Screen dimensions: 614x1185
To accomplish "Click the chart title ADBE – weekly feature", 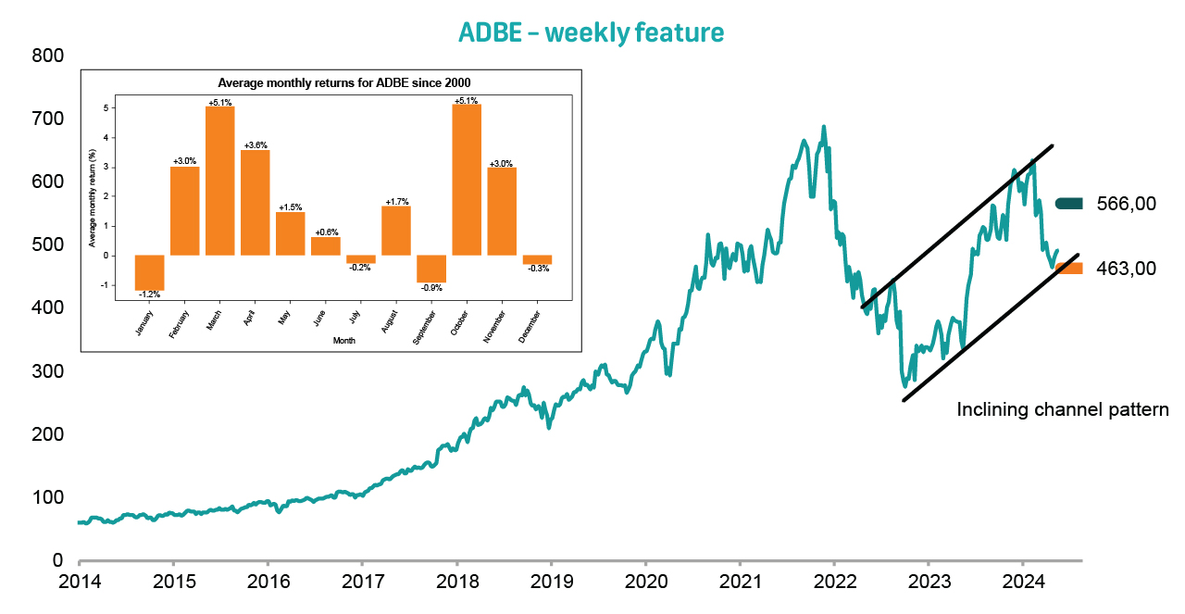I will tap(592, 32).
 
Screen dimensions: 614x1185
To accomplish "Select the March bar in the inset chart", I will tap(219, 181).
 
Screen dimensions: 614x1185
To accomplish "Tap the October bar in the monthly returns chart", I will tap(467, 180).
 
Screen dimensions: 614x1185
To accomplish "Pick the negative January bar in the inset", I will tap(149, 272).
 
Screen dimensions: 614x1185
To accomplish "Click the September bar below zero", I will tap(431, 269).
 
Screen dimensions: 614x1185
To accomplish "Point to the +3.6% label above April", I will tap(256, 145).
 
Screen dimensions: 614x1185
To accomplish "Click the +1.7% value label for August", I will tap(396, 201).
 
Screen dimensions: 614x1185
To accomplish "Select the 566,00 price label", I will tap(1126, 204).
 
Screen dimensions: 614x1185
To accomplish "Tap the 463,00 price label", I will tap(1126, 269).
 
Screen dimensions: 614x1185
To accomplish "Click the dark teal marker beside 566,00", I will tap(1069, 204).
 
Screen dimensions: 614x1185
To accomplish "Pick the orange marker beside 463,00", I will tap(1069, 269).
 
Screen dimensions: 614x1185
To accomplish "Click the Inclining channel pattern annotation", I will tap(1063, 409).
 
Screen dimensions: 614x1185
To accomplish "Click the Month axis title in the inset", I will tap(343, 341).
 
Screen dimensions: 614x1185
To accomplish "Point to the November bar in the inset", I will tap(502, 211).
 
